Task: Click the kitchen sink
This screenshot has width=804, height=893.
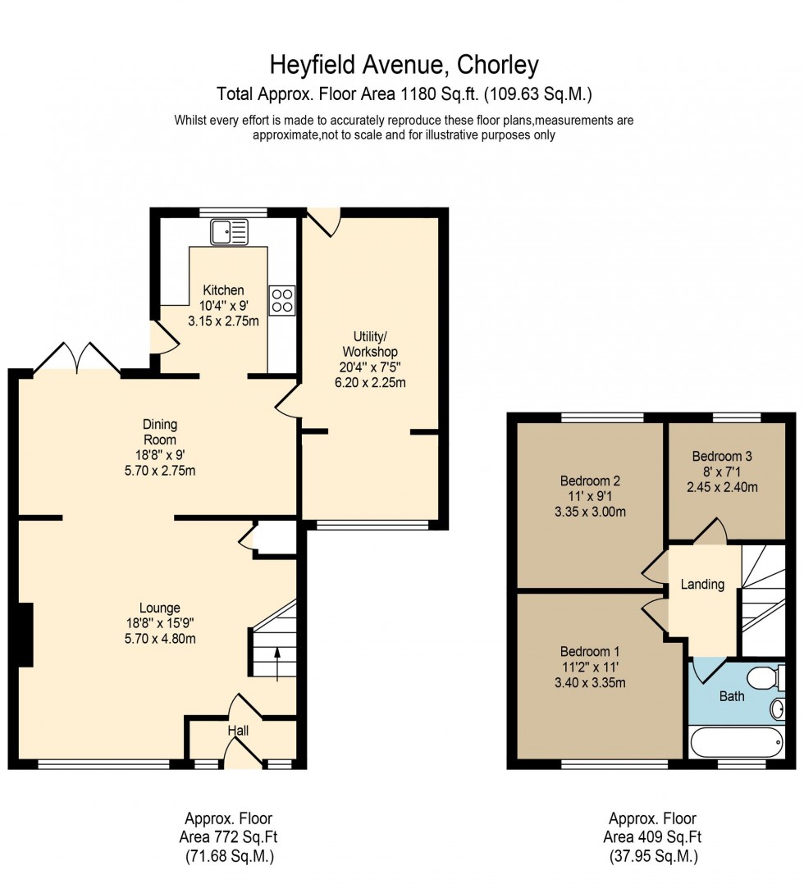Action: [x=229, y=232]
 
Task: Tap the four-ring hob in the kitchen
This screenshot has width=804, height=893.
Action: [x=281, y=299]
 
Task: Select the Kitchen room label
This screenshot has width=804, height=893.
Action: [x=224, y=290]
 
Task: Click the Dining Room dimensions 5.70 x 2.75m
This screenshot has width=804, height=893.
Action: [x=160, y=471]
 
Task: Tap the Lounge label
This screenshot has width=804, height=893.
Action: [x=160, y=608]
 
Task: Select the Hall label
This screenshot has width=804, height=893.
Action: [x=238, y=731]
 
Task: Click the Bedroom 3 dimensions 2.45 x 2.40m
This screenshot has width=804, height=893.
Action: [x=722, y=486]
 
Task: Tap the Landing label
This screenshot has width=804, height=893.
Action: [x=703, y=585]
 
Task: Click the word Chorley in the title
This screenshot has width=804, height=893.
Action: [x=499, y=64]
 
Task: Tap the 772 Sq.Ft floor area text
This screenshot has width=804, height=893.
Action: [x=228, y=837]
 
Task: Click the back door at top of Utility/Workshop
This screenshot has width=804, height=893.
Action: [x=324, y=221]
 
